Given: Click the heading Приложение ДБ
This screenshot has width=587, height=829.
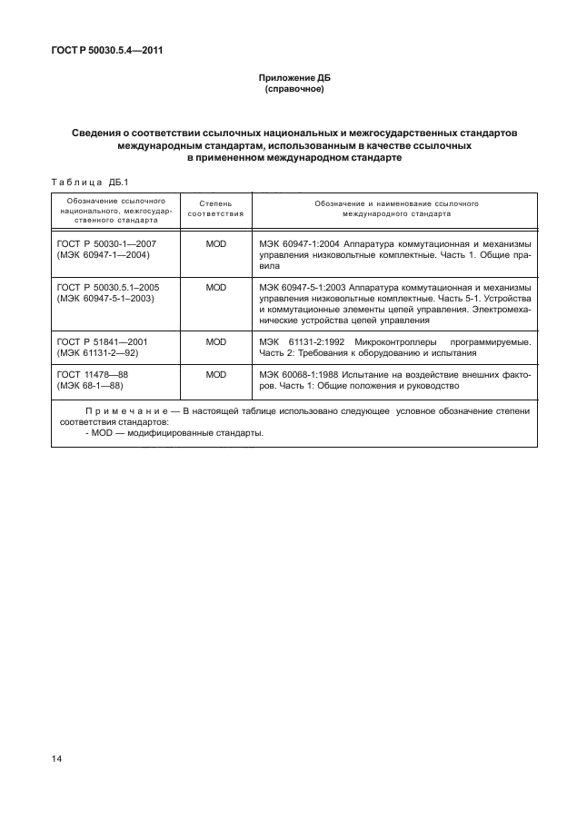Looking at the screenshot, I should (x=293, y=80).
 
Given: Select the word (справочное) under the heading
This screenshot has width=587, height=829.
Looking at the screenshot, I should (x=293, y=91).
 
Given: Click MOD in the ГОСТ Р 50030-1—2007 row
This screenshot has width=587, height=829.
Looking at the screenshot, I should (x=215, y=245).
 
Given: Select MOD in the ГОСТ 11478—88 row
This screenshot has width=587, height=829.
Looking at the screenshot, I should (x=215, y=373).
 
